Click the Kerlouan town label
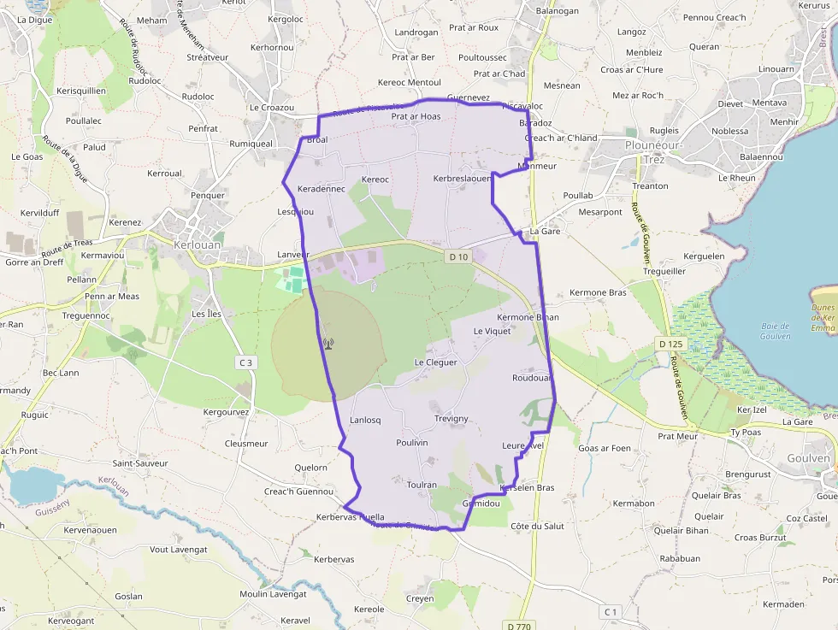click(197, 244)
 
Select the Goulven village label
click(808, 458)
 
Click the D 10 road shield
click(458, 256)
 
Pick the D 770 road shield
click(518, 626)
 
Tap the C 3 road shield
click(246, 362)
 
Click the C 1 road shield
click(610, 611)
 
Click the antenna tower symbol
click(328, 344)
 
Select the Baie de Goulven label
click(776, 330)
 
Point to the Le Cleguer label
click(435, 362)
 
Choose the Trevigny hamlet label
click(451, 419)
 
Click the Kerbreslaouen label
click(463, 179)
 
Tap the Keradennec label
click(321, 188)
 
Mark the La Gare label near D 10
click(545, 231)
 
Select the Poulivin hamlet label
click(412, 442)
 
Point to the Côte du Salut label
click(537, 526)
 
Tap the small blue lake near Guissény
click(32, 486)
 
